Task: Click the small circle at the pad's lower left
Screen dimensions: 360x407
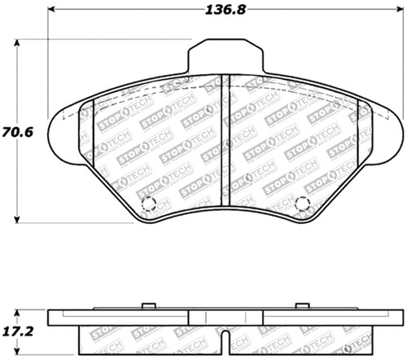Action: [147, 204]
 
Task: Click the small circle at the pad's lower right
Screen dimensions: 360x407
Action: [302, 203]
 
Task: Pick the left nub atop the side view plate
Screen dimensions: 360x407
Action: [147, 305]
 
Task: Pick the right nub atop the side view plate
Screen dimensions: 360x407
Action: [303, 305]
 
